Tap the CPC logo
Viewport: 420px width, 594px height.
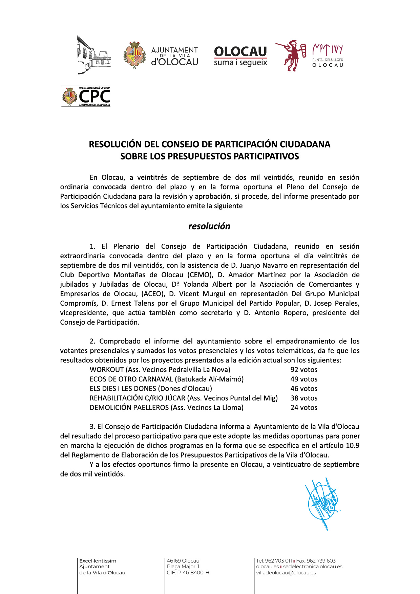86,96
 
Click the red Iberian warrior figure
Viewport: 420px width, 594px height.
291,55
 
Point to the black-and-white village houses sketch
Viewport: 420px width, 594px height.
94,55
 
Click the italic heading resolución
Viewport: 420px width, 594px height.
209,226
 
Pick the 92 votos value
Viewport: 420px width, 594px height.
304,370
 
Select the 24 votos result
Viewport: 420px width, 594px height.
304,408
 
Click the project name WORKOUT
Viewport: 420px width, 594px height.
107,370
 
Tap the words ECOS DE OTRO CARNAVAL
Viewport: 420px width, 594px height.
131,379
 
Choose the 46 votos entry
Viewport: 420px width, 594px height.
304,389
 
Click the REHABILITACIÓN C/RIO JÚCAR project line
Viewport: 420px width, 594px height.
184,398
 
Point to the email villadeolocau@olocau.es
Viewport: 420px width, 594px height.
286,573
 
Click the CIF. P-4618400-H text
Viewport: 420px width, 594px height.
188,573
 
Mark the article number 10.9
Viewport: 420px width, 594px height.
352,446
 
